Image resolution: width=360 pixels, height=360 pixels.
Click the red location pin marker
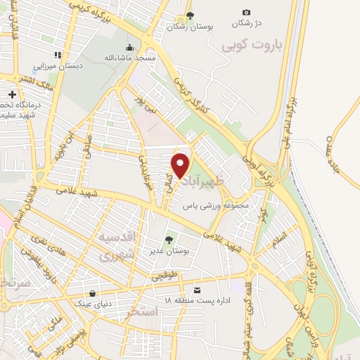[x=181, y=165]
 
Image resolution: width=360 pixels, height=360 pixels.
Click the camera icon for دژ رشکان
[x=246, y=12]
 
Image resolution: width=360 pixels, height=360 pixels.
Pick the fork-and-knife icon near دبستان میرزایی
[x=58, y=54]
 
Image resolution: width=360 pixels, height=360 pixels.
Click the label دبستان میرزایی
[x=58, y=65]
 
